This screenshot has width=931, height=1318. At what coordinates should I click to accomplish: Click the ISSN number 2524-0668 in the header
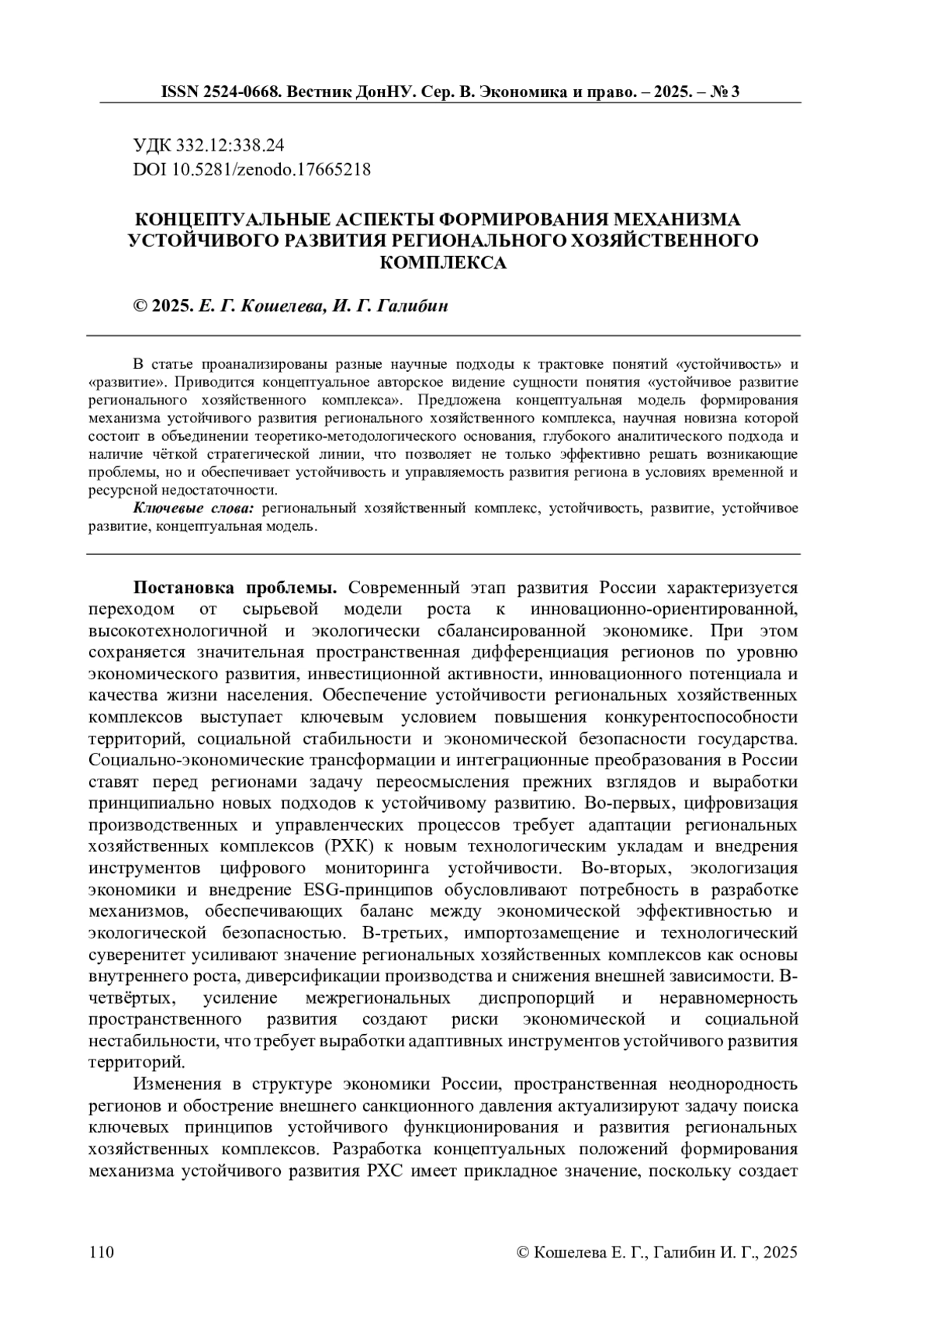[244, 92]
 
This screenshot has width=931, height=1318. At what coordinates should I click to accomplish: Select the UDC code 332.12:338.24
[230, 145]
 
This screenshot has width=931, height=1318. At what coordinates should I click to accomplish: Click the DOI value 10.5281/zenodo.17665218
[270, 168]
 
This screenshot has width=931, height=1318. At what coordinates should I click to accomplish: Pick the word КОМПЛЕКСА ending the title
[443, 262]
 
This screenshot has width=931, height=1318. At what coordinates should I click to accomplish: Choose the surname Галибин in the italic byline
[412, 306]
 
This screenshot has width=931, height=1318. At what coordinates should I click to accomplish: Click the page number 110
[102, 1252]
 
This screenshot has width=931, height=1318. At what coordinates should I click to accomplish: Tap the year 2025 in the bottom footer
[779, 1252]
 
